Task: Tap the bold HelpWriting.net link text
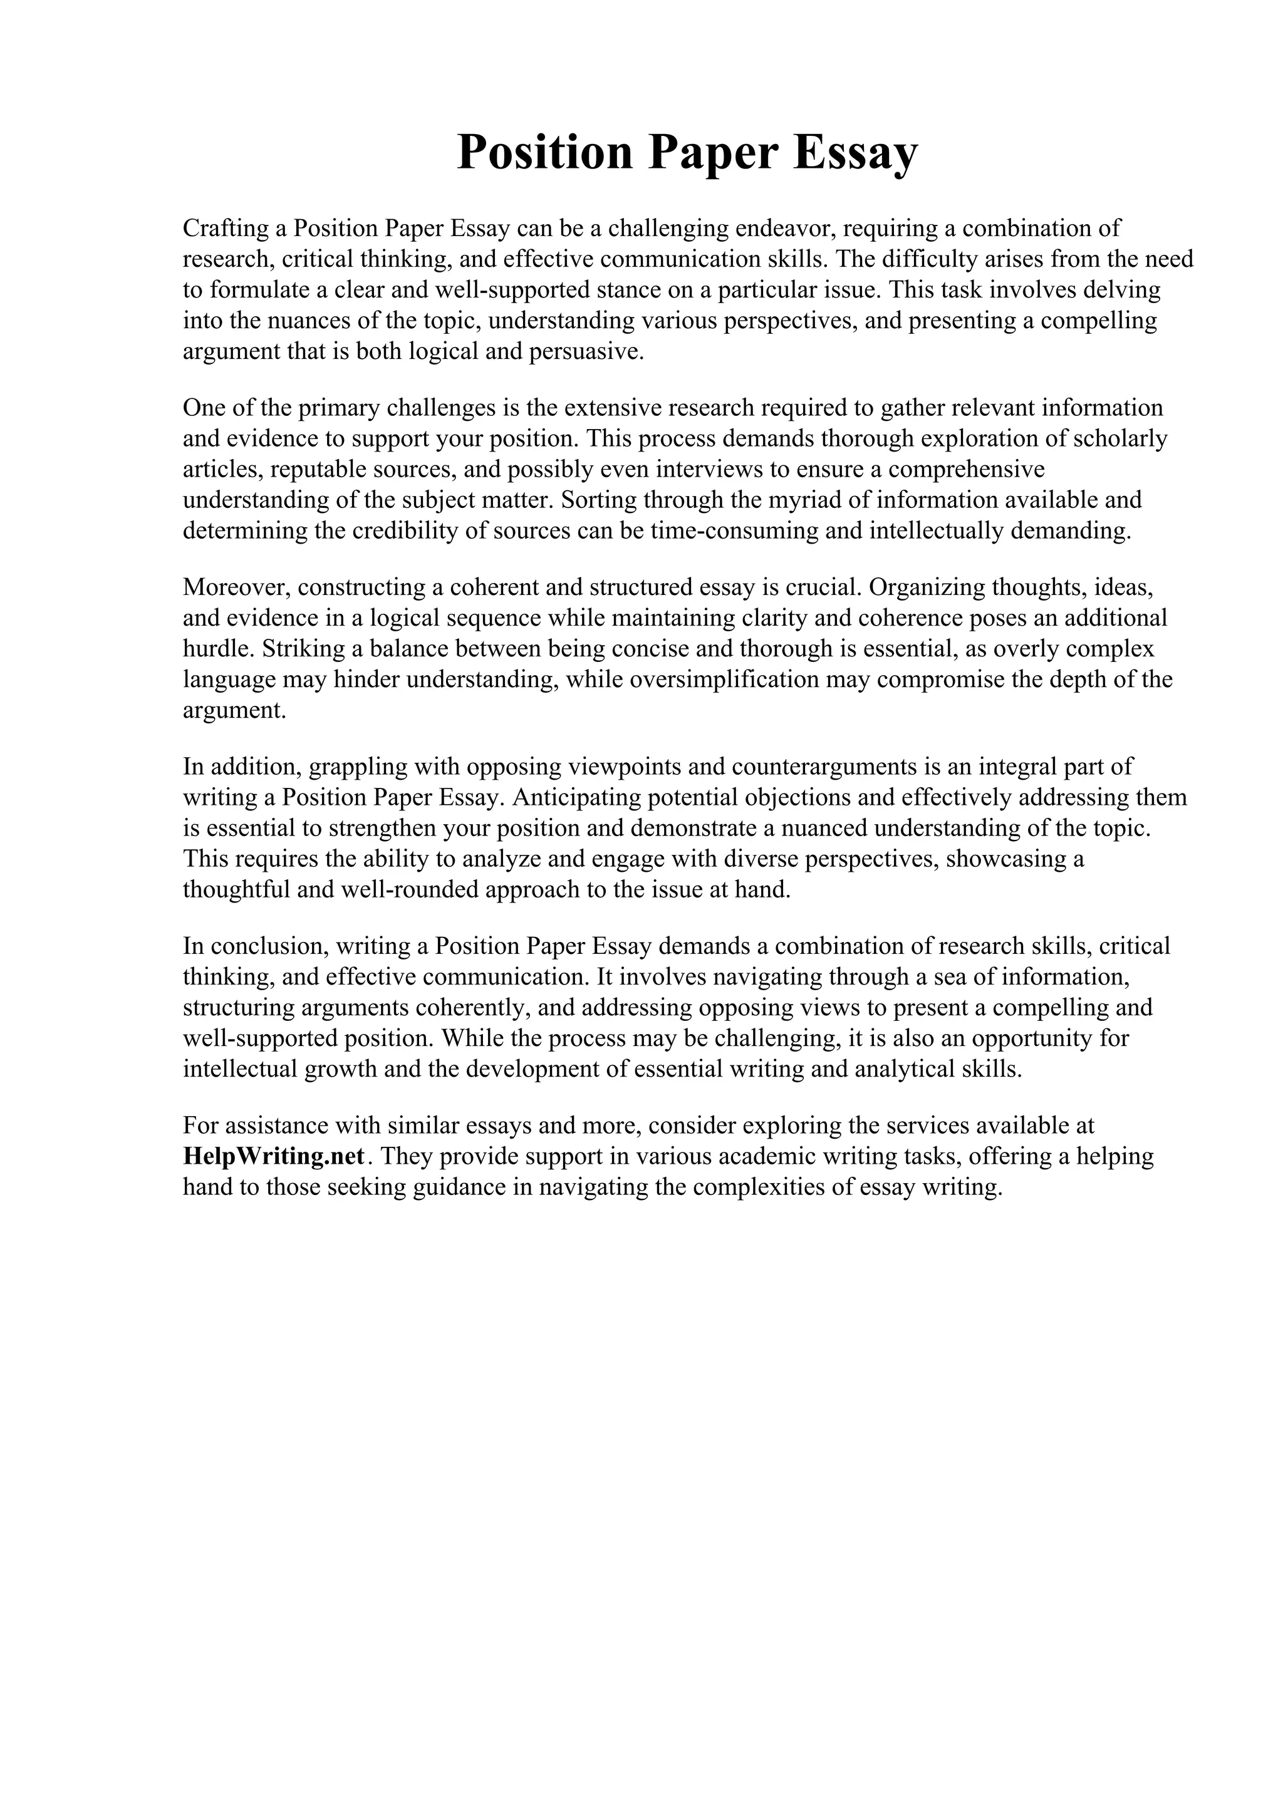(274, 1157)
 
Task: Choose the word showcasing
(1004, 859)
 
